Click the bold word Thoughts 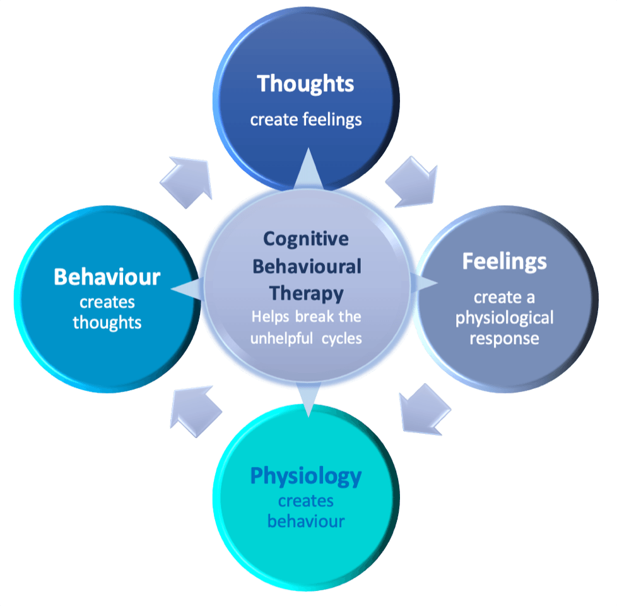(306, 84)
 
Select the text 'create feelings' (306, 119)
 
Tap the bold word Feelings (505, 261)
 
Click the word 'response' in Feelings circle (505, 338)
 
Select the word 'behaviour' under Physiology (306, 521)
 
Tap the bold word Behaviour (107, 276)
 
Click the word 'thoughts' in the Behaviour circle (107, 323)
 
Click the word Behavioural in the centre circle (307, 266)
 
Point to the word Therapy (307, 294)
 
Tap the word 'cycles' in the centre (340, 338)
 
